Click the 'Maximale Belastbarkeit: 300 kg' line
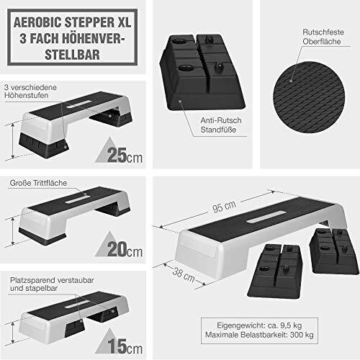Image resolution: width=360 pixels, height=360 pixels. tap(260, 336)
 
